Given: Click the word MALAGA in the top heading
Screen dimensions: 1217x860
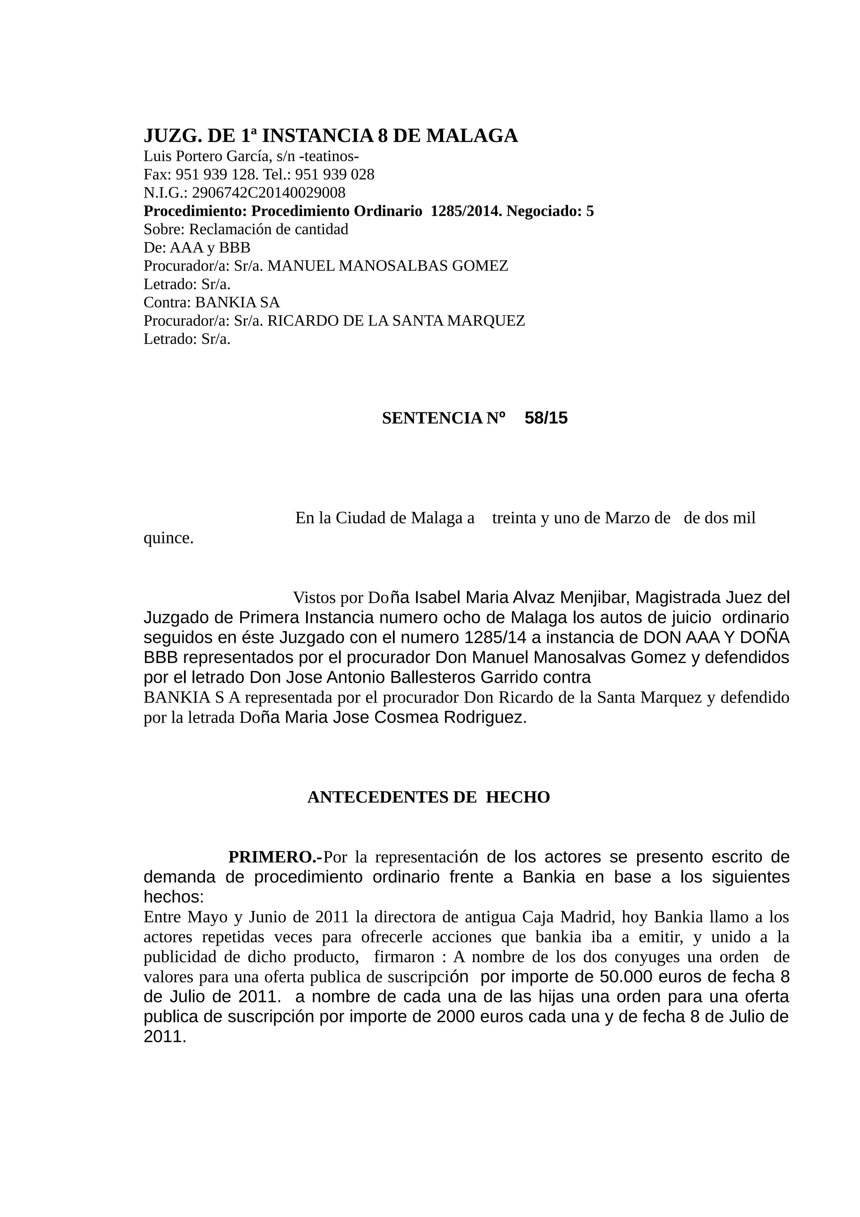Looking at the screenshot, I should tap(472, 136).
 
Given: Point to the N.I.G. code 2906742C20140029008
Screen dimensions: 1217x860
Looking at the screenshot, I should tap(269, 192).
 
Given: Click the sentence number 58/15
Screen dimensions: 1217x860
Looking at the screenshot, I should tap(546, 418).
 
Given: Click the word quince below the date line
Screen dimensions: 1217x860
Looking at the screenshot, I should tap(168, 538).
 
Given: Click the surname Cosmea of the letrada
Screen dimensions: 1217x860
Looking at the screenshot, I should tap(406, 717).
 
